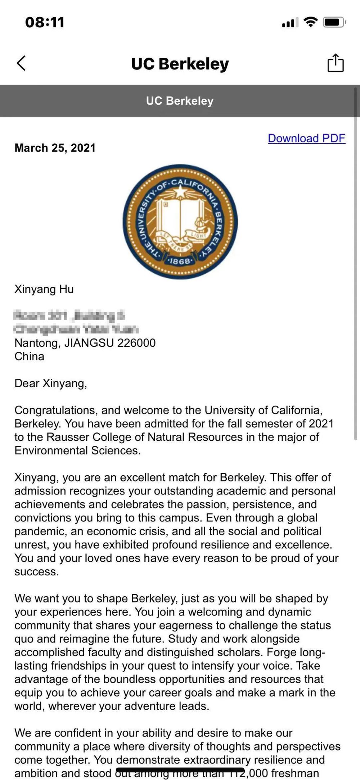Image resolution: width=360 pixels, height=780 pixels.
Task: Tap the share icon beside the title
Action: tap(335, 63)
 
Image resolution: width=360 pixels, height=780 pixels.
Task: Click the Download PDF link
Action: tap(306, 138)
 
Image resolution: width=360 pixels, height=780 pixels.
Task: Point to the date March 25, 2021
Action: tap(55, 148)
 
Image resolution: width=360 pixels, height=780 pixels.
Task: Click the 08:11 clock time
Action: tap(45, 22)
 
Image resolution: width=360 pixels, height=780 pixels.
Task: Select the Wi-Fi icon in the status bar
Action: tap(310, 22)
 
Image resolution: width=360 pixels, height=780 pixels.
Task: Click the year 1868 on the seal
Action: tap(179, 261)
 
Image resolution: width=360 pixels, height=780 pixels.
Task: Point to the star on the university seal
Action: tap(180, 193)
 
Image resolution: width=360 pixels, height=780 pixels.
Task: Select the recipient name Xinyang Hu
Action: tap(44, 289)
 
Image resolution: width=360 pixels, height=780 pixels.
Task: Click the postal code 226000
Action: tap(136, 343)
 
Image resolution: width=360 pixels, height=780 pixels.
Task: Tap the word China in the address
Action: tap(29, 357)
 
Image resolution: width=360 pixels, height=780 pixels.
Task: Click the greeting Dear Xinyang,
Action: tap(51, 383)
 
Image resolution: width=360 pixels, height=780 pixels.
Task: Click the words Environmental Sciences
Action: tap(77, 450)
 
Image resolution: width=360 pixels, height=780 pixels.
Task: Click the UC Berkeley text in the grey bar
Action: tap(180, 101)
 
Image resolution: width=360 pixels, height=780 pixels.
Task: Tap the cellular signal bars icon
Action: tap(290, 23)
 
